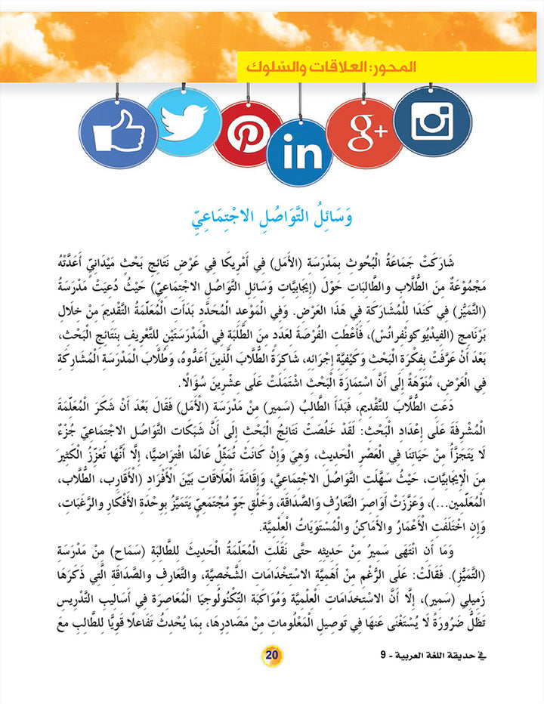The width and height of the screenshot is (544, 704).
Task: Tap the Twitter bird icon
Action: click(x=184, y=120)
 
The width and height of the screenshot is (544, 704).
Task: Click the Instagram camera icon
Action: click(x=433, y=121)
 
